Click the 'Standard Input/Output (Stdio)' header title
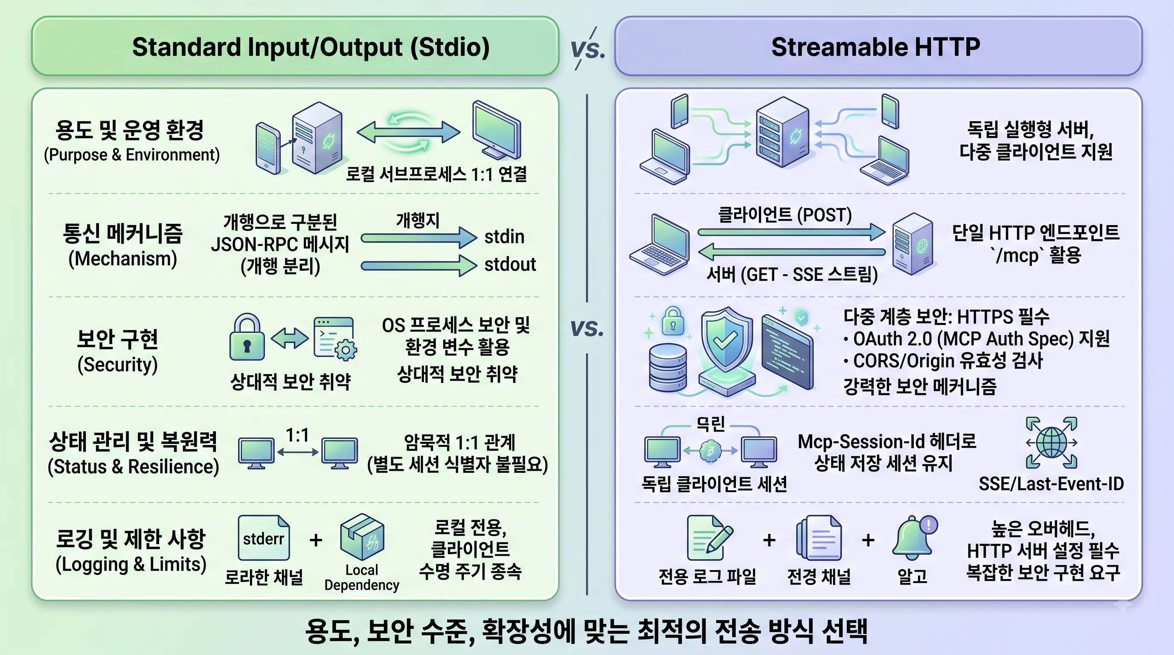[311, 47]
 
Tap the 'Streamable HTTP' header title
[875, 47]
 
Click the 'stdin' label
[504, 237]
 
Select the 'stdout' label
[510, 264]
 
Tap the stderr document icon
[263, 538]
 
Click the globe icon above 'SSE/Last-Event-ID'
[1052, 442]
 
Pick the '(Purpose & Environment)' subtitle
[132, 155]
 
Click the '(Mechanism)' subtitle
[122, 259]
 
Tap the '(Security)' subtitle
[118, 365]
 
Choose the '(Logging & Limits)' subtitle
[131, 564]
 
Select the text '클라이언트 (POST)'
[785, 215]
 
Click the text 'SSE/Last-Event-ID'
[1052, 484]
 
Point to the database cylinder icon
[668, 368]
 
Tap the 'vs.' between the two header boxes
[588, 48]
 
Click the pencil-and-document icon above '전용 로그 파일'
[709, 537]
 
